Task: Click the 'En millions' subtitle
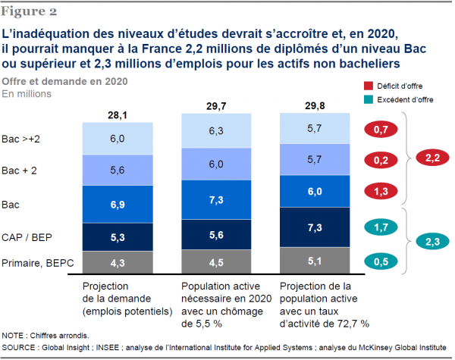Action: (x=27, y=94)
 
